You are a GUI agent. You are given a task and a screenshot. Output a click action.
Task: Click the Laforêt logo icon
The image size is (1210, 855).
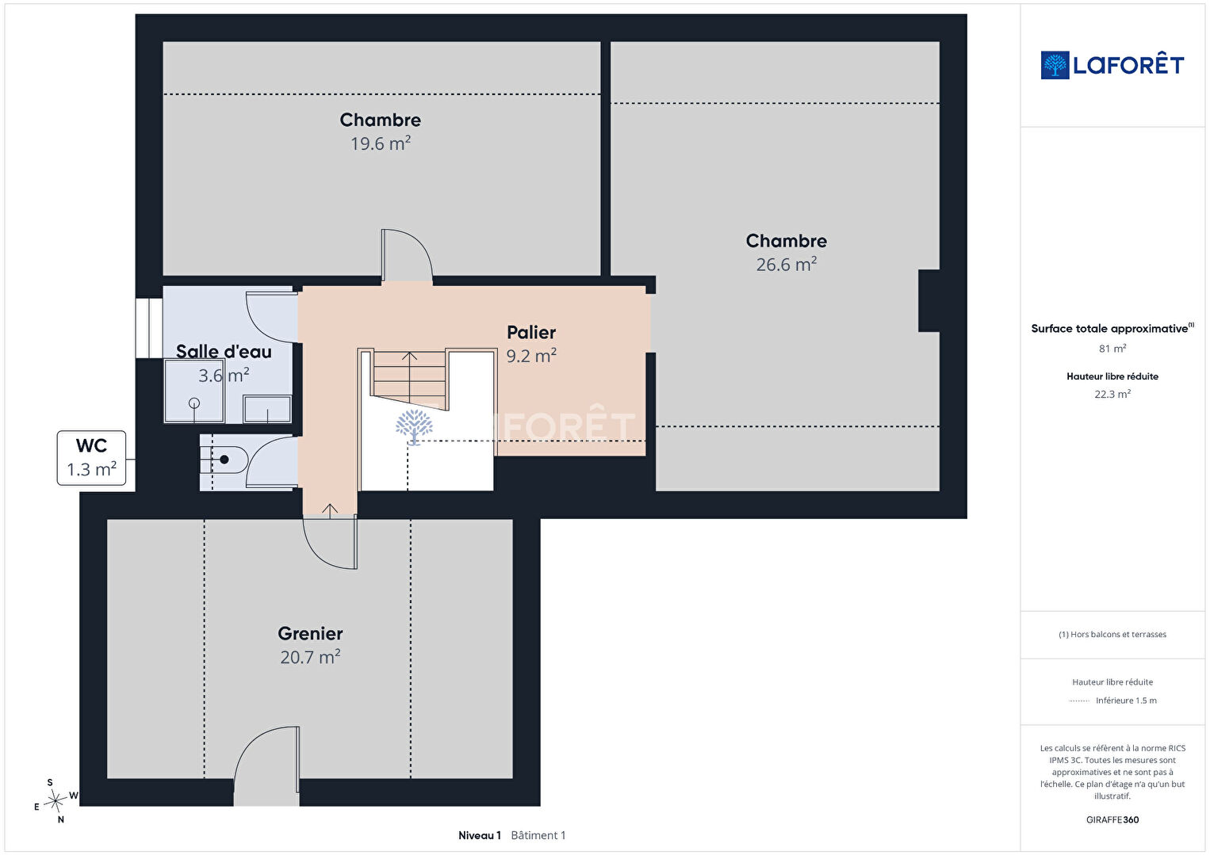[1055, 65]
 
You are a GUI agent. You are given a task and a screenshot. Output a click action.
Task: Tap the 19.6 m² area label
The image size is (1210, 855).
[381, 143]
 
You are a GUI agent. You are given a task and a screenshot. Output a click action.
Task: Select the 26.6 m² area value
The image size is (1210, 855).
[786, 265]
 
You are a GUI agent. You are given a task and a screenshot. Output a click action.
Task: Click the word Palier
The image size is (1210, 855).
[531, 333]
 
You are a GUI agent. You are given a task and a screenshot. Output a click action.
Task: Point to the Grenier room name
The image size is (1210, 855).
[310, 633]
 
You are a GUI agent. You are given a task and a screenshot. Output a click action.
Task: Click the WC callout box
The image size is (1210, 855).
[92, 458]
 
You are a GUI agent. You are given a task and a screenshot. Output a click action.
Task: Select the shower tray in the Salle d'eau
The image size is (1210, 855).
[194, 391]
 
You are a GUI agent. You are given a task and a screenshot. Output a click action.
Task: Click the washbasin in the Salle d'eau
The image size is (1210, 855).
[267, 409]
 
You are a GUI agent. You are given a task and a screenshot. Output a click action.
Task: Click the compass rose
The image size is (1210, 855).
[55, 801]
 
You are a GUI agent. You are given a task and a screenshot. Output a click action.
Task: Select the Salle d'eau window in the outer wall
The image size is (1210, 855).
[148, 327]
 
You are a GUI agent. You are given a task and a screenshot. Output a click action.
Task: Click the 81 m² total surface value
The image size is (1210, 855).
[1112, 349]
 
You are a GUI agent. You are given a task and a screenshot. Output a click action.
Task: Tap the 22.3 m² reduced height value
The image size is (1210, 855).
[1112, 394]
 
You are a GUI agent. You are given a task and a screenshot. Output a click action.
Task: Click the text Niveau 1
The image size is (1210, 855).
[480, 835]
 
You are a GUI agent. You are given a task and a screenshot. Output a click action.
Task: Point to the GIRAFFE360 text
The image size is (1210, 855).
[1112, 819]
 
